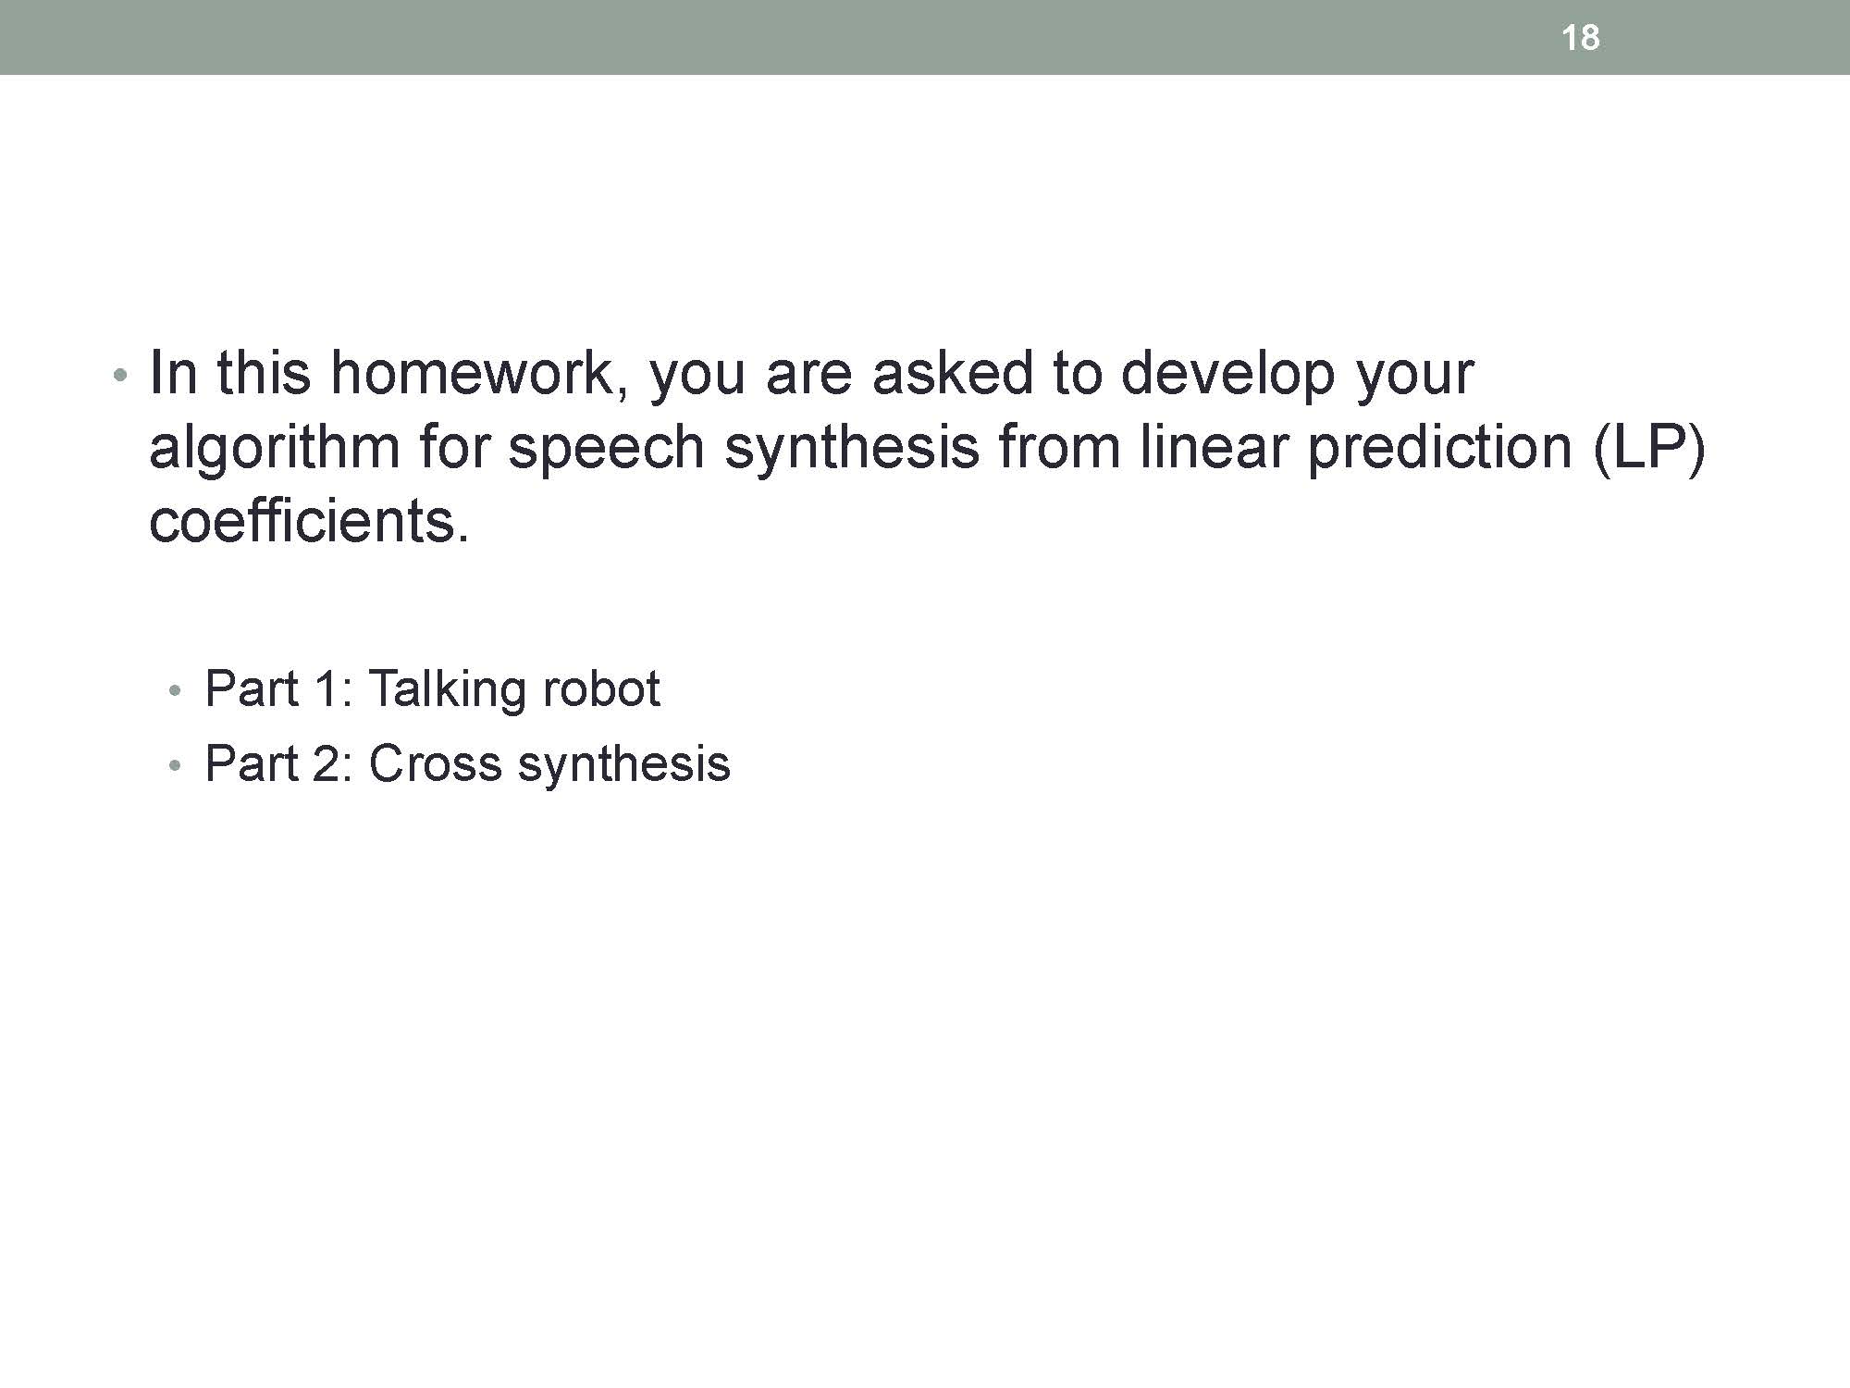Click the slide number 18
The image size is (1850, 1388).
pyautogui.click(x=1580, y=38)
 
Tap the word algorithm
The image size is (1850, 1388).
pyautogui.click(x=275, y=449)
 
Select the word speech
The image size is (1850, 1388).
pyautogui.click(x=607, y=449)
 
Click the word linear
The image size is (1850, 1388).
pyautogui.click(x=1214, y=447)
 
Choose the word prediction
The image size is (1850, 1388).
pyautogui.click(x=1440, y=449)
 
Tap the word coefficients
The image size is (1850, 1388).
pyautogui.click(x=310, y=521)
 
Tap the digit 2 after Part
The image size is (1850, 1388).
pyautogui.click(x=328, y=764)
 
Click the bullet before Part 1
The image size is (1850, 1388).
pyautogui.click(x=175, y=692)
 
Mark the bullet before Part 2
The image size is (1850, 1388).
pyautogui.click(x=175, y=767)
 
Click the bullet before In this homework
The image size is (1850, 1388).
pyautogui.click(x=117, y=377)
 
